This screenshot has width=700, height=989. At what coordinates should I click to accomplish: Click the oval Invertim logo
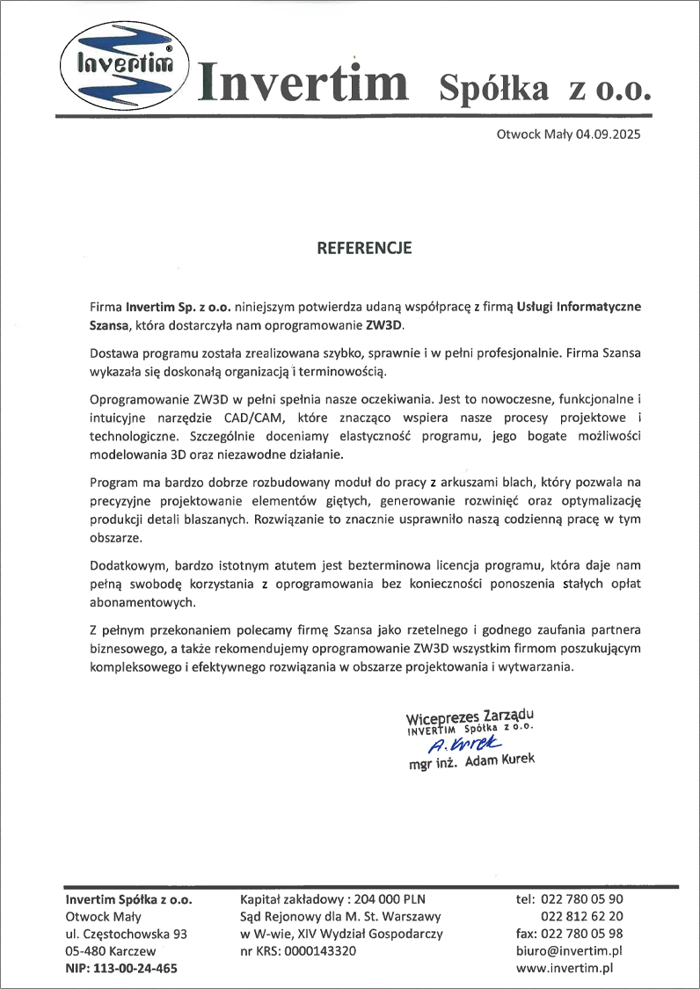click(120, 63)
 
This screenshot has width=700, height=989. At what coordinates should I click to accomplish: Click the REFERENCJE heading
click(363, 249)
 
